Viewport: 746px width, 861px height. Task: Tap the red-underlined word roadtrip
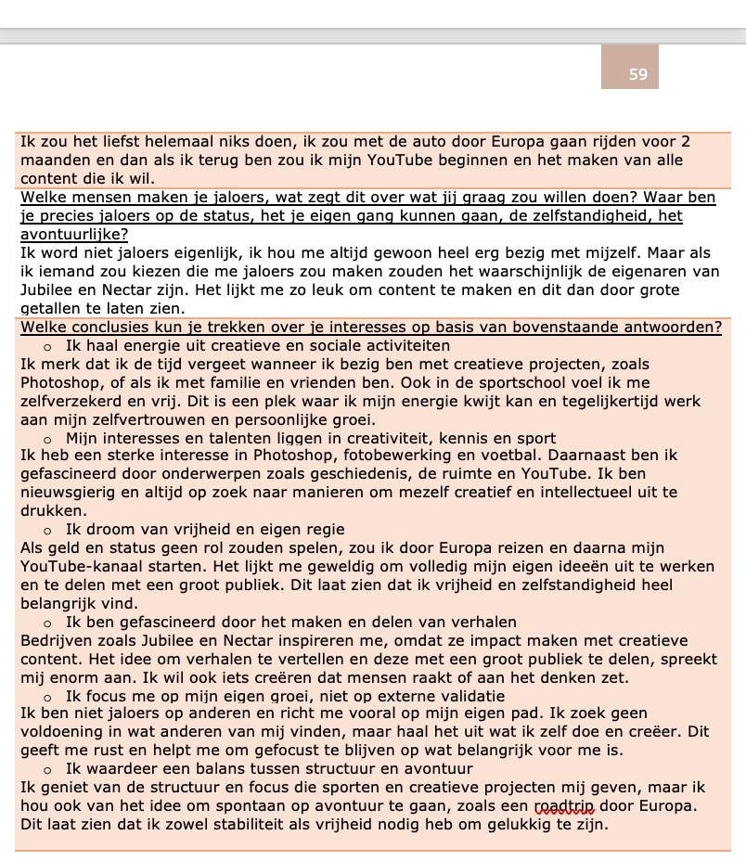(564, 805)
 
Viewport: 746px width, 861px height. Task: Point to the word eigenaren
(631, 272)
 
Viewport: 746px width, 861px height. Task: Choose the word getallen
(51, 309)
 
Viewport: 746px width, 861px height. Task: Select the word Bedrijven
(56, 640)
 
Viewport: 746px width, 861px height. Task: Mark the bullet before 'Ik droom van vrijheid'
(46, 530)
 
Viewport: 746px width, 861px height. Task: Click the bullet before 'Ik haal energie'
(46, 346)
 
